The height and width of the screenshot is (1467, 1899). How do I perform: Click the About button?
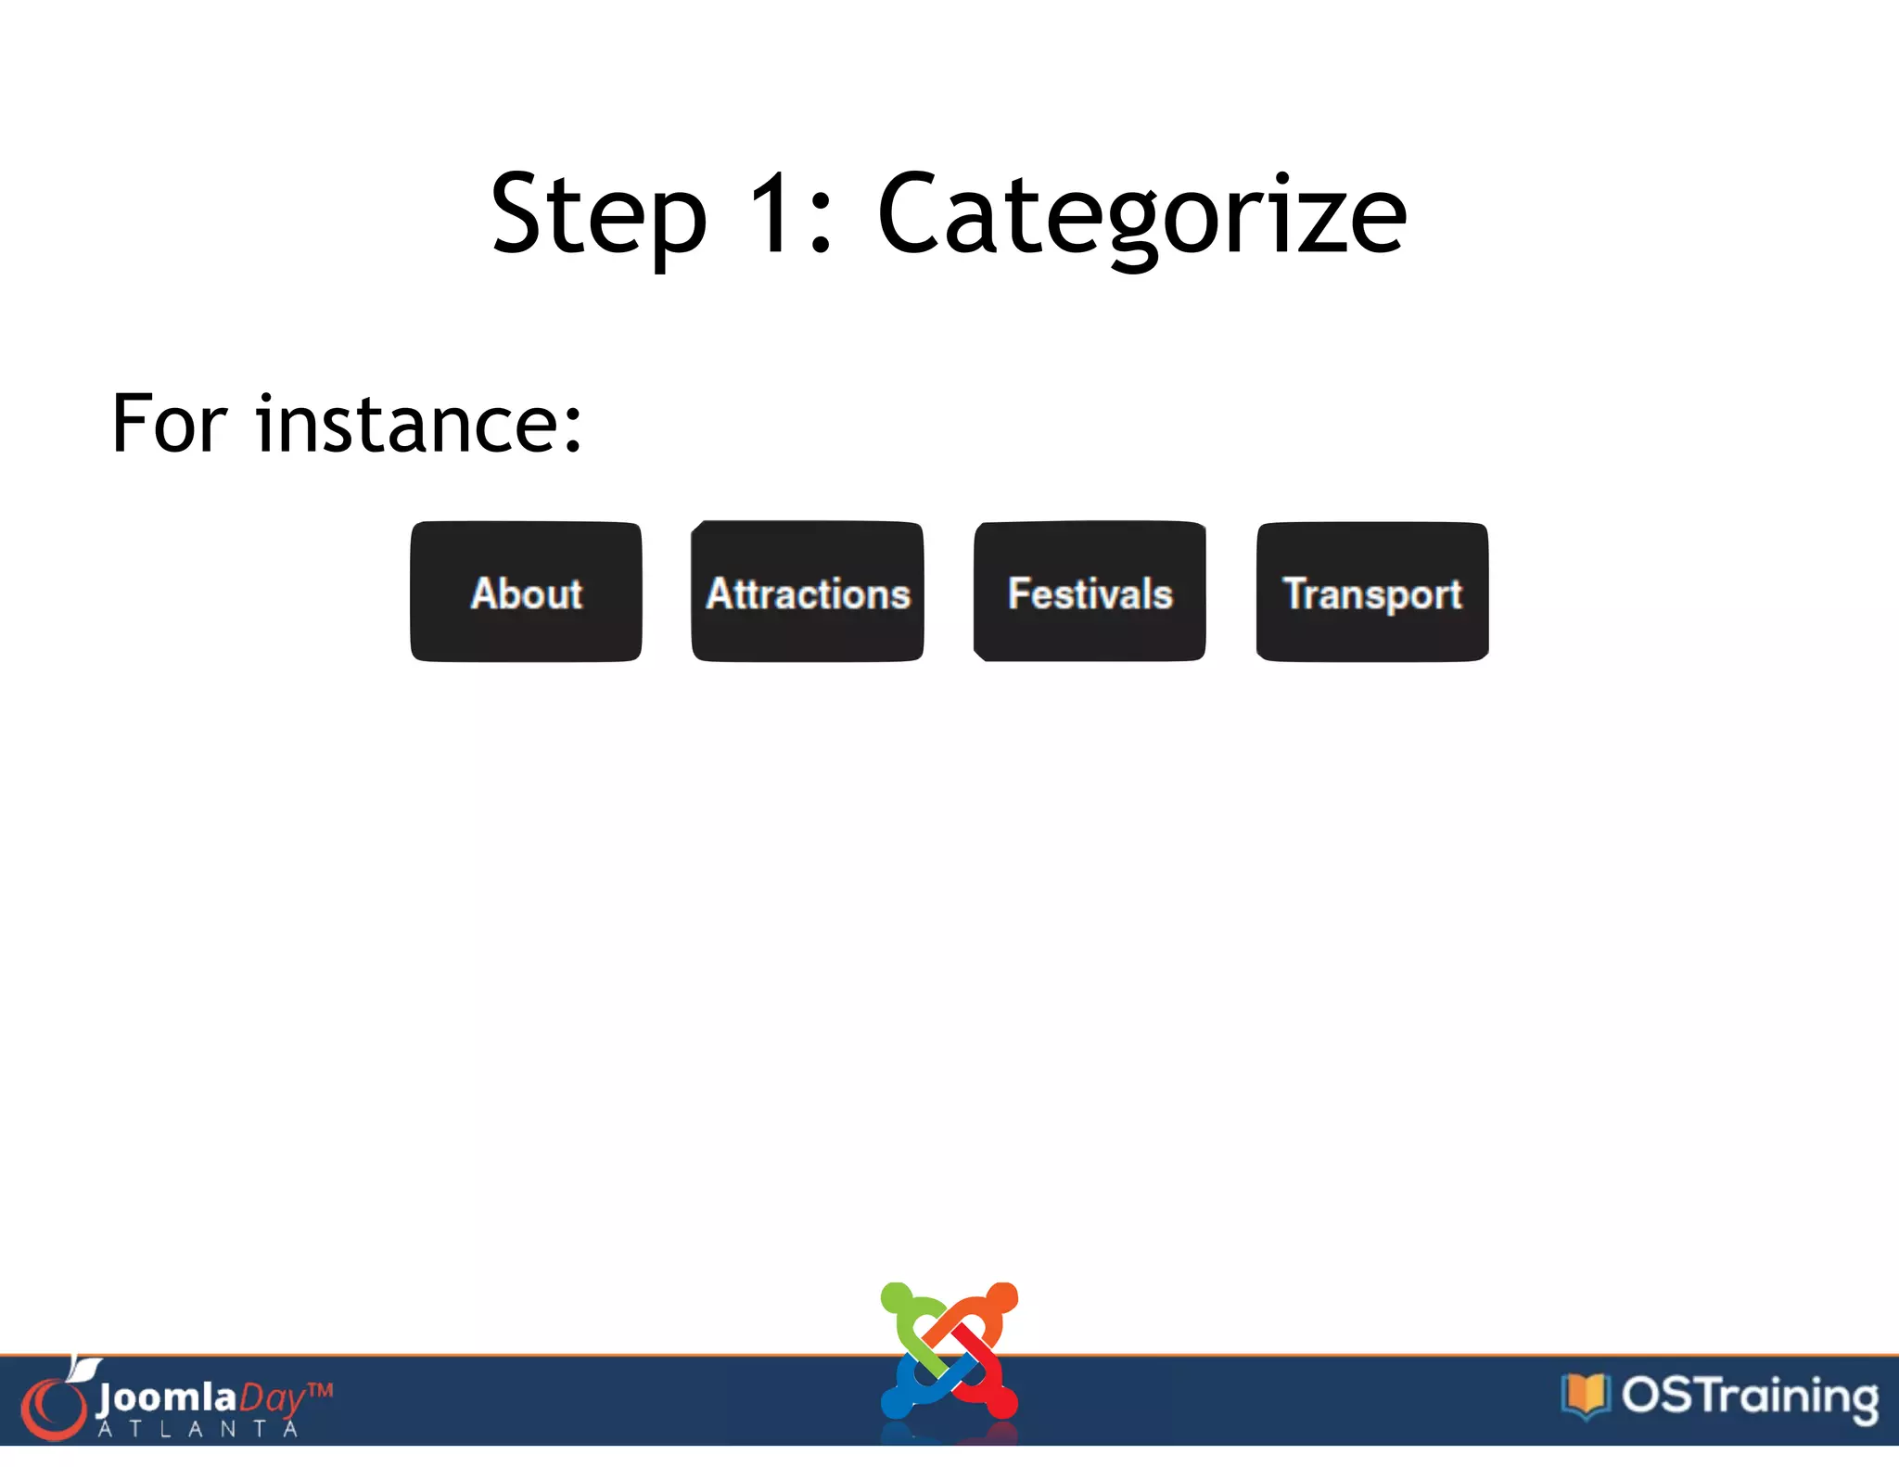click(x=526, y=592)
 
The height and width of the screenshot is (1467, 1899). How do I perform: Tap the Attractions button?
click(x=808, y=592)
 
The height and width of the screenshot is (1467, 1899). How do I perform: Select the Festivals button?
click(x=1090, y=592)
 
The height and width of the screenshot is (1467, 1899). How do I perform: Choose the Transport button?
click(x=1371, y=592)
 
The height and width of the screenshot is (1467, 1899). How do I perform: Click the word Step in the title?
click(x=598, y=215)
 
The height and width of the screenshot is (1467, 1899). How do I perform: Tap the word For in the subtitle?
click(x=169, y=424)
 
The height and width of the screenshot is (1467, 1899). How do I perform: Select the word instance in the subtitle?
click(x=406, y=424)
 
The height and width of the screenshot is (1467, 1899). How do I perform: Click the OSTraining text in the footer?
click(x=1749, y=1397)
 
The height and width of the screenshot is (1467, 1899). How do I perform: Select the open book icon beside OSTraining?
click(x=1586, y=1396)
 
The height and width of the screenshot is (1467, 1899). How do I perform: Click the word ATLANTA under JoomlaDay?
click(x=198, y=1430)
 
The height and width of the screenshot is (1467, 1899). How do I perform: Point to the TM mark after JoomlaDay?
click(x=320, y=1390)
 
